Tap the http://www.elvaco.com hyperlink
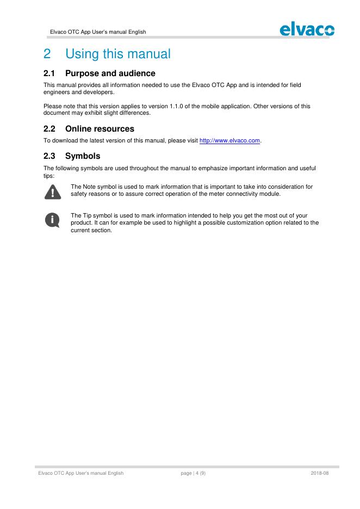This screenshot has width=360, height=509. pos(230,141)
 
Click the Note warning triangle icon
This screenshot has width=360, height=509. pos(52,191)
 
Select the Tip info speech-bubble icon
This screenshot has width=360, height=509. pos(52,219)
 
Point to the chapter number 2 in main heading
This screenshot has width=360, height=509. pos(47,54)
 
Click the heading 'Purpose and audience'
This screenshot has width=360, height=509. pos(110,73)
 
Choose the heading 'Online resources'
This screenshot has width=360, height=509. pos(100,129)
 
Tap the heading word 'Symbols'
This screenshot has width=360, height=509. pos(83,156)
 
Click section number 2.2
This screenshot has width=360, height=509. pos(50,129)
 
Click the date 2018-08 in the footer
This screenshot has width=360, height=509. pos(320,473)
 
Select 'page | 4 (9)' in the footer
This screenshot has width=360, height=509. pos(193,473)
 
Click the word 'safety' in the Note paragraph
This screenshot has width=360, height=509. pos(80,194)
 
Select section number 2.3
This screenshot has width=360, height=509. pos(50,156)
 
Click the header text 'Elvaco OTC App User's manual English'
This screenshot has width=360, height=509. pos(98,32)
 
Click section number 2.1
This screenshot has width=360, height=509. pos(50,73)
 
